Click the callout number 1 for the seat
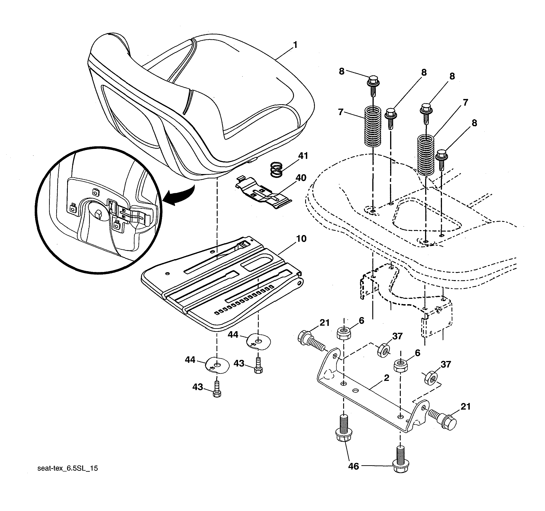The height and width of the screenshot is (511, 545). tap(295, 45)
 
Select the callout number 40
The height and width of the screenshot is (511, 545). tap(301, 178)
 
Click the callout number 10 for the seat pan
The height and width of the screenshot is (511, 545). tap(301, 239)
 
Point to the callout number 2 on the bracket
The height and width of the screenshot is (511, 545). tap(386, 378)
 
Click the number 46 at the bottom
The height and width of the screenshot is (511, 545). tap(353, 466)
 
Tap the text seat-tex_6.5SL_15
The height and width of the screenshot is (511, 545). tap(67, 468)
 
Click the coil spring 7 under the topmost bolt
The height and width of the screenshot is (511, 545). tap(373, 126)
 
